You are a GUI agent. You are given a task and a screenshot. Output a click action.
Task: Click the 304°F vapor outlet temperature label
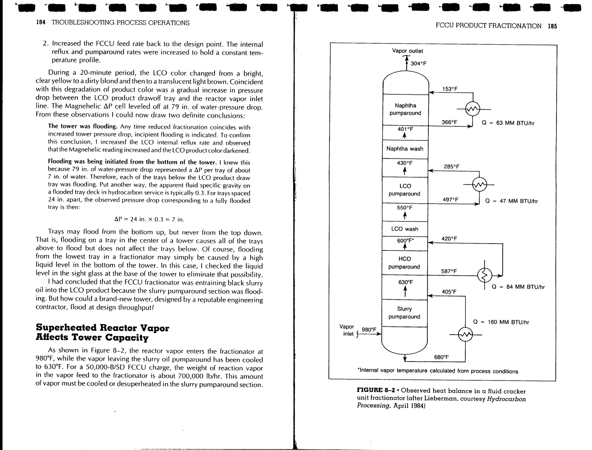tap(418, 64)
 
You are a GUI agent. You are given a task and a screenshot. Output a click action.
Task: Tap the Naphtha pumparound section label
tap(405, 109)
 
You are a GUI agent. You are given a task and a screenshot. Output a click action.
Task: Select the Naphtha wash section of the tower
tap(405, 149)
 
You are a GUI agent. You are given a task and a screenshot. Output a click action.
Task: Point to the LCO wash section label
tap(405, 229)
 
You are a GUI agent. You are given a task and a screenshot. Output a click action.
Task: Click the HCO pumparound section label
tap(404, 263)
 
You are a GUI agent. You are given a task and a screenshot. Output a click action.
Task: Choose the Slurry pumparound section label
tap(404, 313)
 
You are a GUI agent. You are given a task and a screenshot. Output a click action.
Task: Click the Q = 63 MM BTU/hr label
tap(508, 123)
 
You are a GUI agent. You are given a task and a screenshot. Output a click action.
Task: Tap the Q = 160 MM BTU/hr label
tap(501, 322)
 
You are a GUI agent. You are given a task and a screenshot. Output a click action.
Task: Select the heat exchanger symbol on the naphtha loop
tap(473, 109)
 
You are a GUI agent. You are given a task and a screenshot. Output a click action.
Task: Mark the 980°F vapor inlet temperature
tap(369, 330)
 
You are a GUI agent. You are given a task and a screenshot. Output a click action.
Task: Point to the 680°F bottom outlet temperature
tap(441, 357)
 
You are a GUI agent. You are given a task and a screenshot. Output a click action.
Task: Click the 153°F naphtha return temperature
tap(450, 89)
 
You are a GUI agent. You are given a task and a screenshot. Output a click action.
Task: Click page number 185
tap(552, 26)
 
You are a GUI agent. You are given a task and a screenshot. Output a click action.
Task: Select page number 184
tap(41, 23)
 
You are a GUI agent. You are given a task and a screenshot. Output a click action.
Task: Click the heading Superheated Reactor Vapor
tap(102, 328)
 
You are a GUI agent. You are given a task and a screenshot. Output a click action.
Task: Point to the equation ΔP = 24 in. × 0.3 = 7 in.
tap(149, 220)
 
